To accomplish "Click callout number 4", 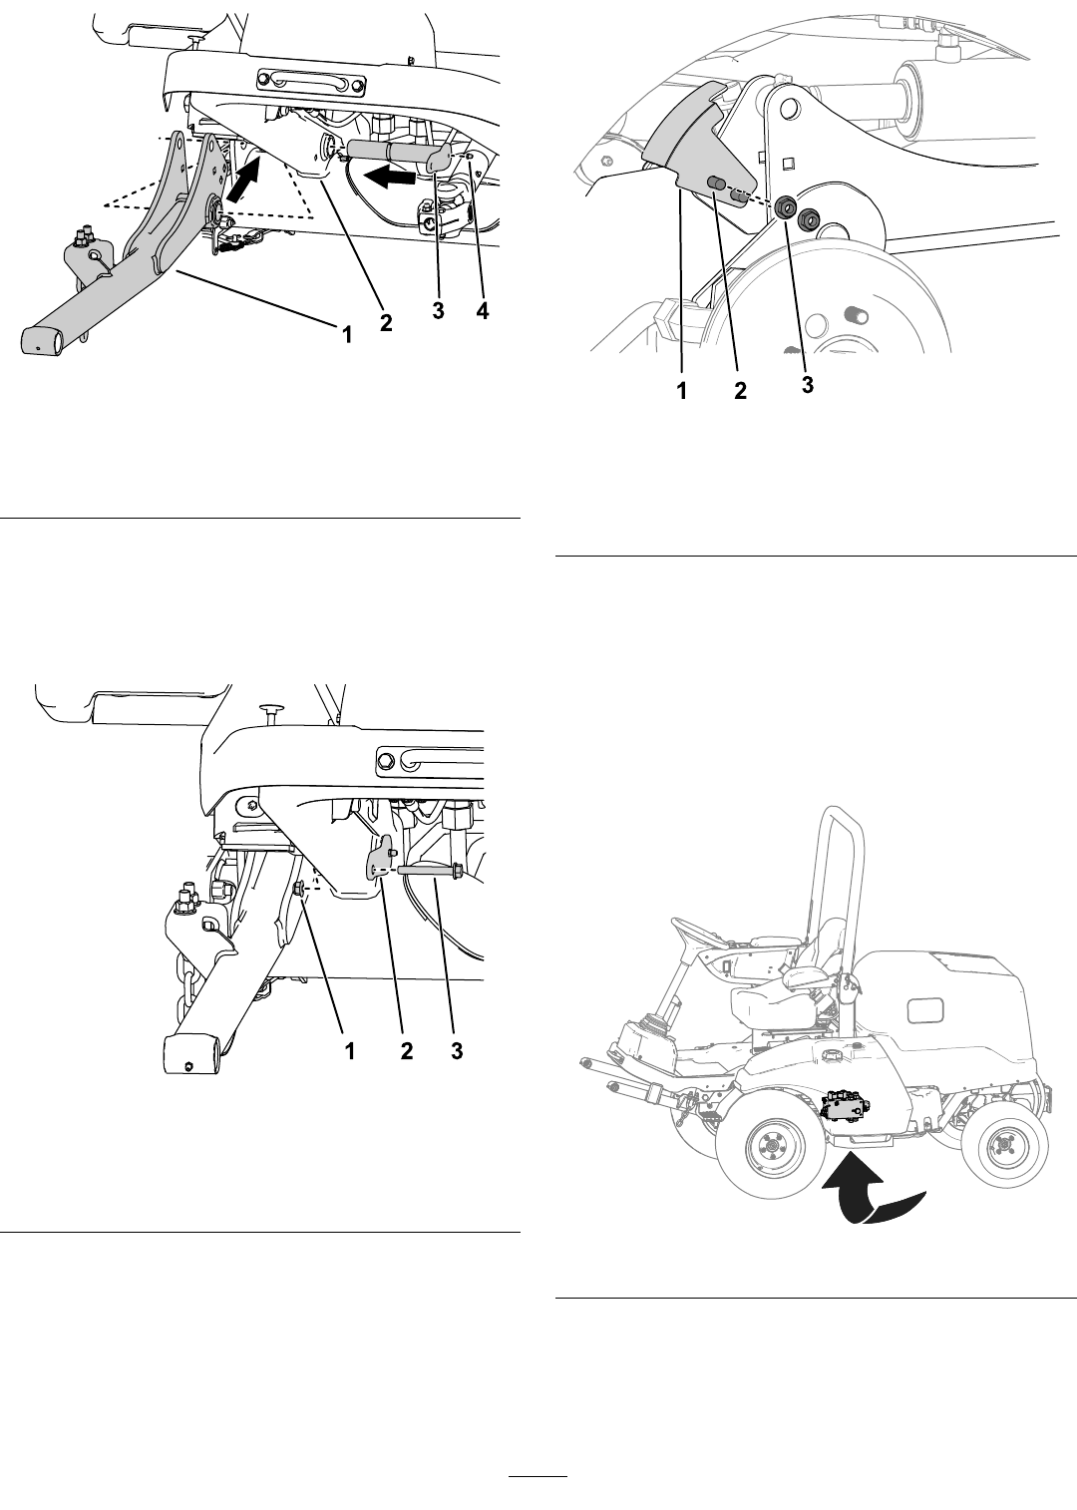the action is pos(483,311).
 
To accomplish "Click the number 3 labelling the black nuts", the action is pos(808,384).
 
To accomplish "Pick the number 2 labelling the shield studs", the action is pos(740,391).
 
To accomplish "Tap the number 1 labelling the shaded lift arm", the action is pos(346,334).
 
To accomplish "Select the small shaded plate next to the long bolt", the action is pos(381,856).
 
